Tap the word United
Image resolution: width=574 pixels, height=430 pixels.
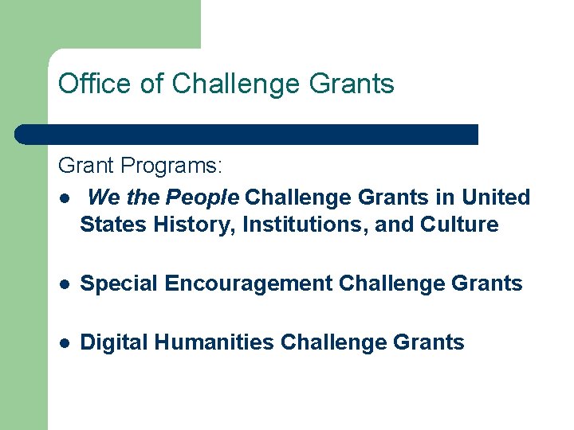pos(496,197)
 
